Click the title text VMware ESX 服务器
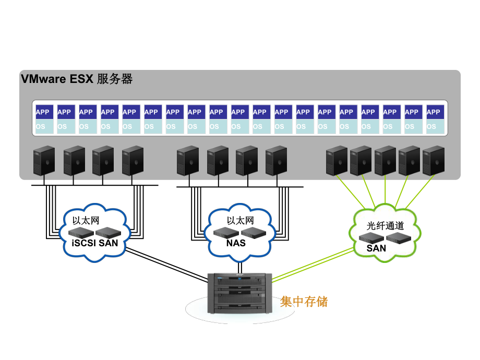pyautogui.click(x=77, y=79)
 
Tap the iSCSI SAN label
pyautogui.click(x=94, y=243)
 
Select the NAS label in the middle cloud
pyautogui.click(x=236, y=243)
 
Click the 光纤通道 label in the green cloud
pyautogui.click(x=386, y=226)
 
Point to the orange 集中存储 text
pyautogui.click(x=304, y=302)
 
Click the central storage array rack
pyautogui.click(x=239, y=293)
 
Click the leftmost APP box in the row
pyautogui.click(x=42, y=112)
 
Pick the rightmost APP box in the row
pyautogui.click(x=434, y=112)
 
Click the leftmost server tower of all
pyautogui.click(x=44, y=161)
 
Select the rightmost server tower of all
pyautogui.click(x=434, y=161)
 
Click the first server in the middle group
pyautogui.click(x=187, y=161)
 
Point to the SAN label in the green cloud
pyautogui.click(x=376, y=248)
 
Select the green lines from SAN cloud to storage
pyautogui.click(x=313, y=264)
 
